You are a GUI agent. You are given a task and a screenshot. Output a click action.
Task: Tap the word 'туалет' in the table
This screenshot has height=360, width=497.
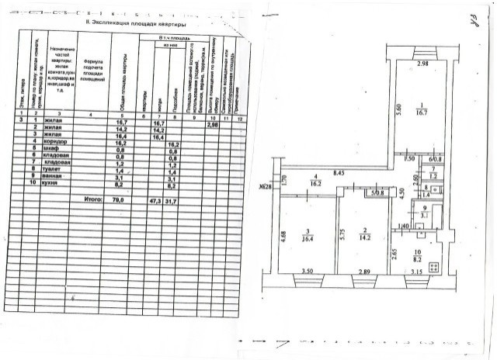58,172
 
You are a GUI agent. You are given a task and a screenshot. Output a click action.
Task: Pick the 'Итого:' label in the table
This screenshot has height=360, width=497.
92,199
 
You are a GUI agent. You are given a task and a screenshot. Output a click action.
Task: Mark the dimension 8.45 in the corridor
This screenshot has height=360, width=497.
339,173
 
